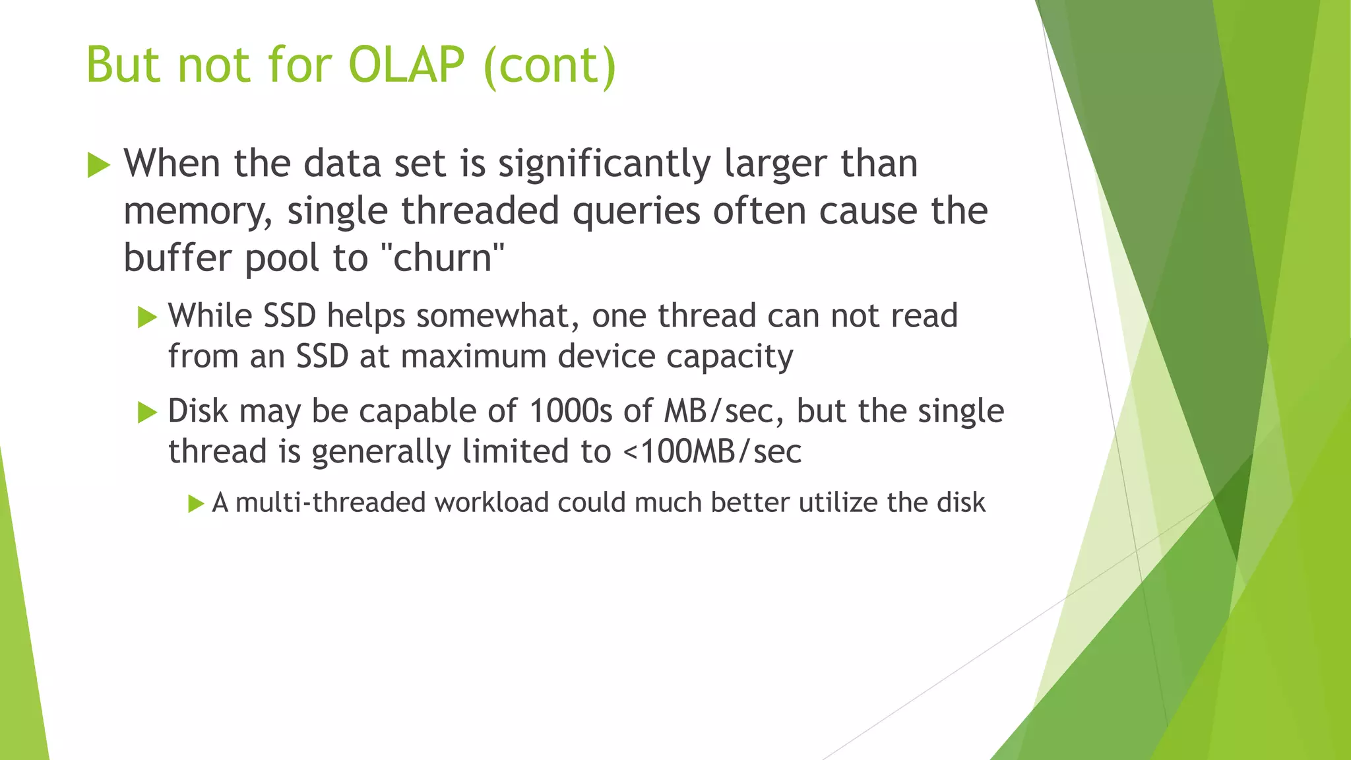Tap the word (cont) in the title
550,66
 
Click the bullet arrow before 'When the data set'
98,165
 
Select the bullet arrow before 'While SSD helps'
147,317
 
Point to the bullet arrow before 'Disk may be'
147,413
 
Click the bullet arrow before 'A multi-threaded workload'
196,504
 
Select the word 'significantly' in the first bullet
604,164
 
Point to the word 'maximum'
474,356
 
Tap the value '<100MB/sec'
712,452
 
